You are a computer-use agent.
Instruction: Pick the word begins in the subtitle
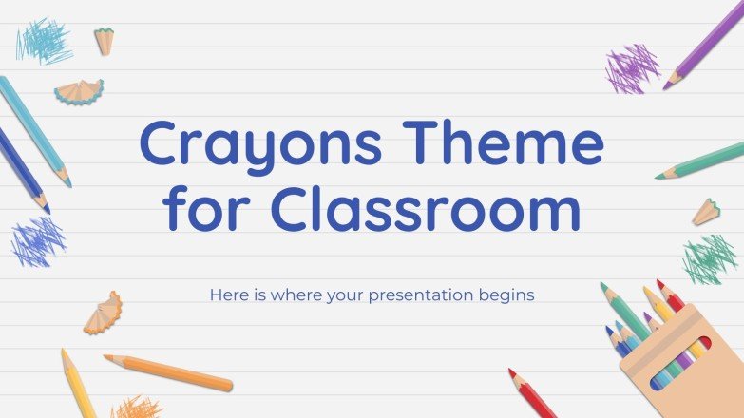507,295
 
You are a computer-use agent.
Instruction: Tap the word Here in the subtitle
227,294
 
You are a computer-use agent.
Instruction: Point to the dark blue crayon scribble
38,240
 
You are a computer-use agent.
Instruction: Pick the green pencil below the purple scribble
701,161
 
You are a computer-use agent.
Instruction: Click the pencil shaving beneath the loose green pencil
706,212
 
